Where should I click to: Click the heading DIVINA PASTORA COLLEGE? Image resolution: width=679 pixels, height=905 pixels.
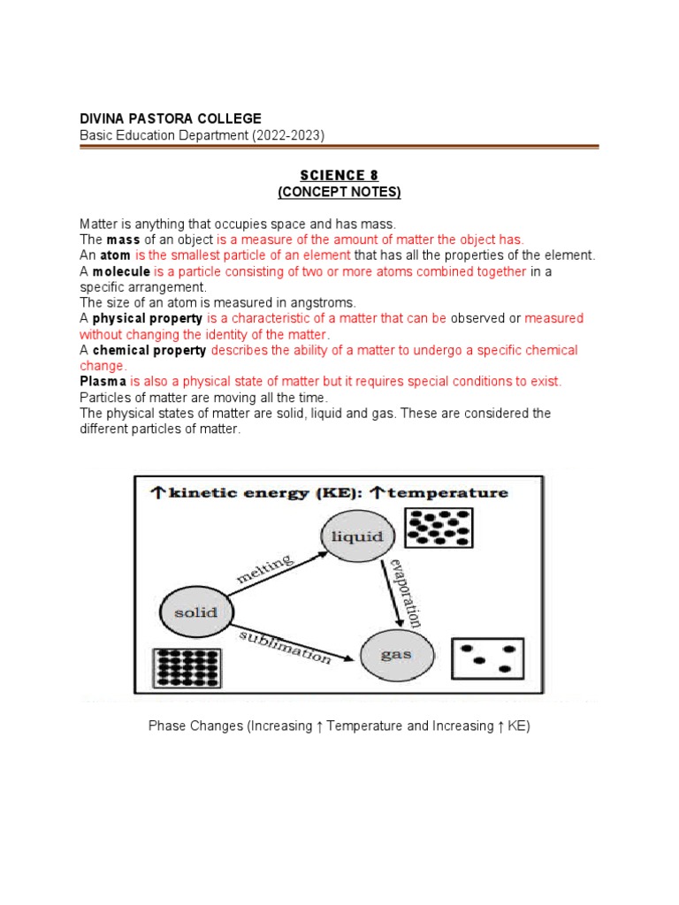171,118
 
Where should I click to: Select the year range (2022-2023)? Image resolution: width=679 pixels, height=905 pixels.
288,135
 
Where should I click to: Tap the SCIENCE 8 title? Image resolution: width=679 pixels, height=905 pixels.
339,176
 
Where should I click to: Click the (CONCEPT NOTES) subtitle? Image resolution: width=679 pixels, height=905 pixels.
339,192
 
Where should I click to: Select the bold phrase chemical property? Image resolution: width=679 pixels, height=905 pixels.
149,351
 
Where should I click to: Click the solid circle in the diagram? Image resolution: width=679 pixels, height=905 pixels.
195,612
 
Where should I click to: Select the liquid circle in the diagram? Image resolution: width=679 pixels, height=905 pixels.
357,536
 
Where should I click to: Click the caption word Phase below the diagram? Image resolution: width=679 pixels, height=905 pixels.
168,726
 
